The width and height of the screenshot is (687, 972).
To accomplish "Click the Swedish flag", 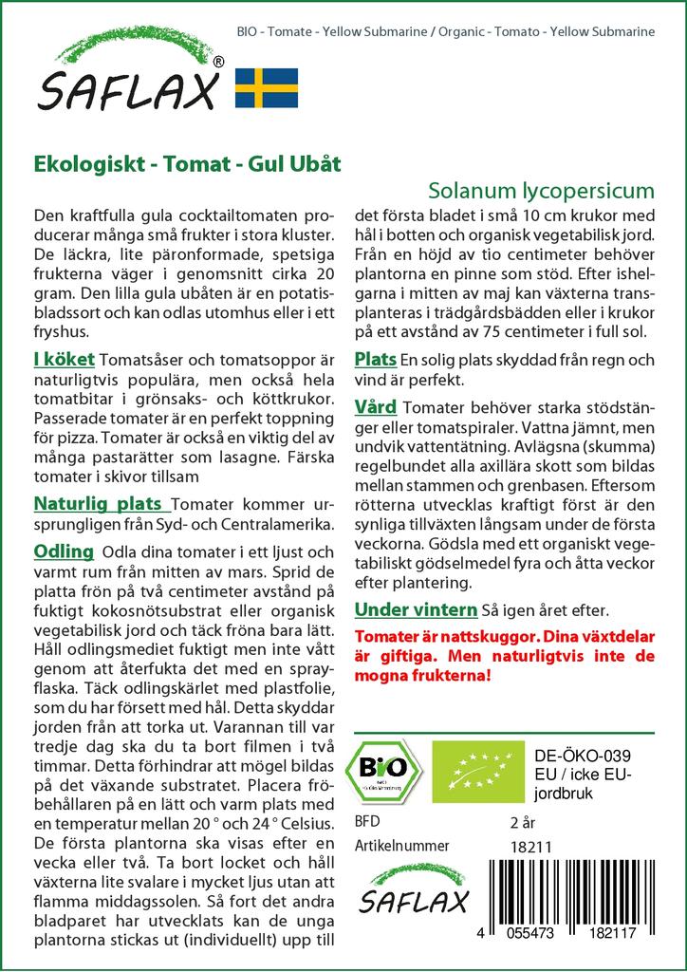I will (x=266, y=87).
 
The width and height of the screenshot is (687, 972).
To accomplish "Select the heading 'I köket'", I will (x=64, y=360).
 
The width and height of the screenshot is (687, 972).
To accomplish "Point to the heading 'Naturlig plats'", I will (x=102, y=503).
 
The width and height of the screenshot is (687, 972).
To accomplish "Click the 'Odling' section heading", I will (x=64, y=552).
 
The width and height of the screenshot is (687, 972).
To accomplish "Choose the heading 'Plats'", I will (x=375, y=360).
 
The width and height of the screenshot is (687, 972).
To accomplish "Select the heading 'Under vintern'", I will (x=415, y=609).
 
